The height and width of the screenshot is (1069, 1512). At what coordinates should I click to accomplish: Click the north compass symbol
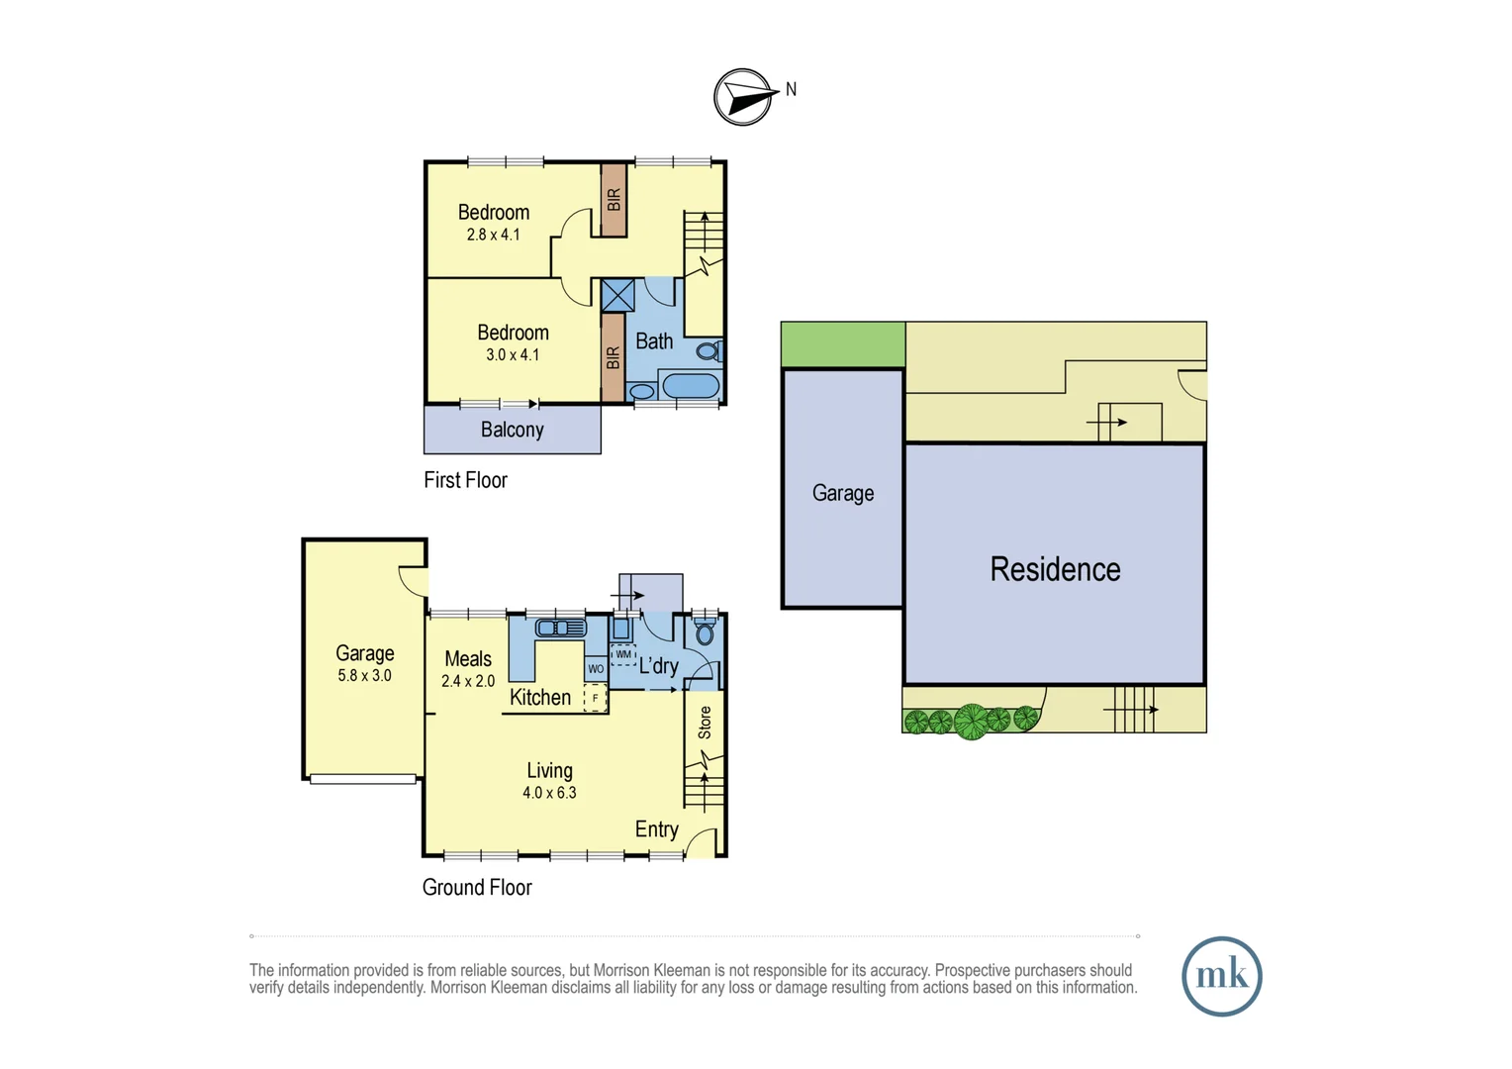coord(744,97)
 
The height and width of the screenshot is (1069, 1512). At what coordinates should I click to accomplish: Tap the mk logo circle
coord(1221,976)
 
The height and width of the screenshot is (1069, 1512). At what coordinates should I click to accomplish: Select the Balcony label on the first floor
coord(512,430)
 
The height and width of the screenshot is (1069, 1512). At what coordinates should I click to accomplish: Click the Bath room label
coord(654,341)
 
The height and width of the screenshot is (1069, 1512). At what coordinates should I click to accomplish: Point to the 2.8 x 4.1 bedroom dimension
coord(493,235)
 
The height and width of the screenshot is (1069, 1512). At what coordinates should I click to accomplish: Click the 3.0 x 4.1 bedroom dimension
coord(513,354)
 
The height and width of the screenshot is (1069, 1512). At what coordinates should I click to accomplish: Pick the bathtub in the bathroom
coord(691,385)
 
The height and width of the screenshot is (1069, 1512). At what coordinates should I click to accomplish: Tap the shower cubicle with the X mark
coord(617,295)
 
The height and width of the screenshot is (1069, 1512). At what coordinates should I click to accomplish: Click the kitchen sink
coord(560,628)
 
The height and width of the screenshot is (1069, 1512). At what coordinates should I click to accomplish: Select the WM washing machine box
coord(623,655)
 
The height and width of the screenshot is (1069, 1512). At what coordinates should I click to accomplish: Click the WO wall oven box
coord(596,669)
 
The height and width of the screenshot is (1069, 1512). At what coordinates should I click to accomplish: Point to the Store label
coord(705,723)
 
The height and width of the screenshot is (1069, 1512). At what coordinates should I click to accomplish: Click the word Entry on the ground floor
coord(656,829)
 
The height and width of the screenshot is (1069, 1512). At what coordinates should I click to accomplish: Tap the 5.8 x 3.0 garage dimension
coord(364,675)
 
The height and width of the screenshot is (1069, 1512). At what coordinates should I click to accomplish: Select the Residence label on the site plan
coord(1055,569)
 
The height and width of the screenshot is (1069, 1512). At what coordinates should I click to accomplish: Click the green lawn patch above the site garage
coord(843,344)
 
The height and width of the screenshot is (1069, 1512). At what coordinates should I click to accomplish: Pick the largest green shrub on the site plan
coord(971,722)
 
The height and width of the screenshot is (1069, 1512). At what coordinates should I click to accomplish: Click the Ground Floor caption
coord(477,887)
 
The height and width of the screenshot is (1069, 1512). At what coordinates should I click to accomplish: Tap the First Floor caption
coord(465,480)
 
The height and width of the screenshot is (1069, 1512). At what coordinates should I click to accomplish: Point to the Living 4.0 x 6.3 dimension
coord(549,792)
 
